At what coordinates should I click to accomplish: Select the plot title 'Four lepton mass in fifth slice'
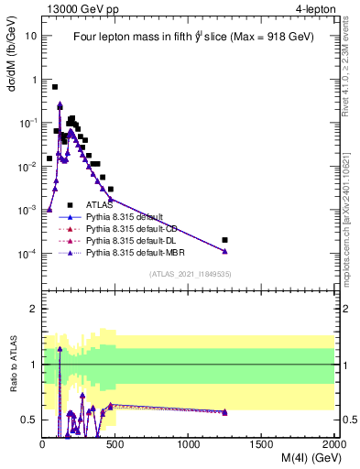coord(188,38)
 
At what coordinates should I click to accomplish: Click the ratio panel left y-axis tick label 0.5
coord(28,420)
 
